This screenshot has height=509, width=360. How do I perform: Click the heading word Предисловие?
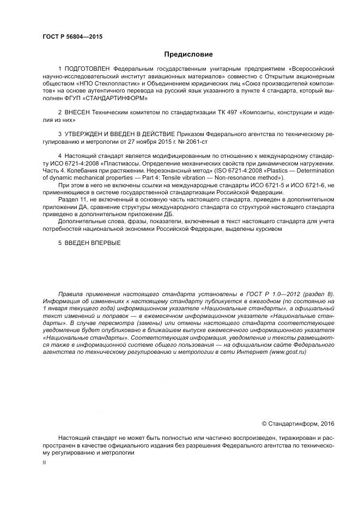tap(189, 54)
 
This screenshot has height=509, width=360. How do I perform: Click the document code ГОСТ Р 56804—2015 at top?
tap(72, 37)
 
